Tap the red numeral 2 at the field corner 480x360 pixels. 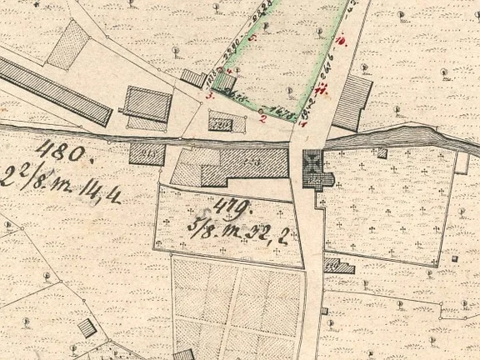[263, 118]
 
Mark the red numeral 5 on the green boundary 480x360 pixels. [252, 46]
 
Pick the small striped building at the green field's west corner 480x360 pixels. [193, 78]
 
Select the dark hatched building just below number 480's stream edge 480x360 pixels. [147, 153]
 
